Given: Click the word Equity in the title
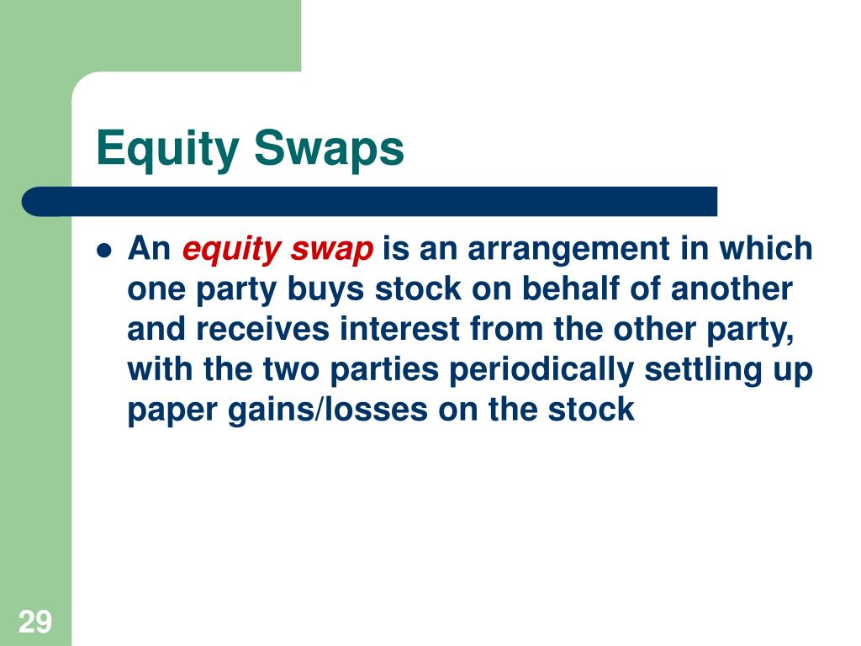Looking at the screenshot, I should tap(166, 150).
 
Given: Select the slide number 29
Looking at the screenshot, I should tap(35, 622).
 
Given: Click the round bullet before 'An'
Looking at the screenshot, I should tap(104, 250).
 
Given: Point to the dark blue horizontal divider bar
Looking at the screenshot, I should tap(370, 201).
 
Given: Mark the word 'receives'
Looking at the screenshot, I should tap(266, 330).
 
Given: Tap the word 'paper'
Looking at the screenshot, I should tap(172, 410).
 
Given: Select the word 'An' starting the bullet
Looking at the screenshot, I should tap(150, 250).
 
